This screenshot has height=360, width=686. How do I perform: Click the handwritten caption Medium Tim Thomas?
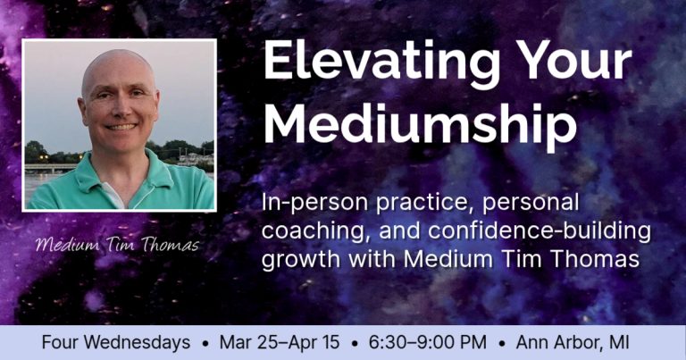[x=118, y=244]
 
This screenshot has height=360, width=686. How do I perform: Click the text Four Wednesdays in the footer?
[x=115, y=342]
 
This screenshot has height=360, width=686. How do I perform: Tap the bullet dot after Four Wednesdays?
[x=206, y=343]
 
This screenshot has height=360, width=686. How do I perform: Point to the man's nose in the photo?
[x=120, y=112]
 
